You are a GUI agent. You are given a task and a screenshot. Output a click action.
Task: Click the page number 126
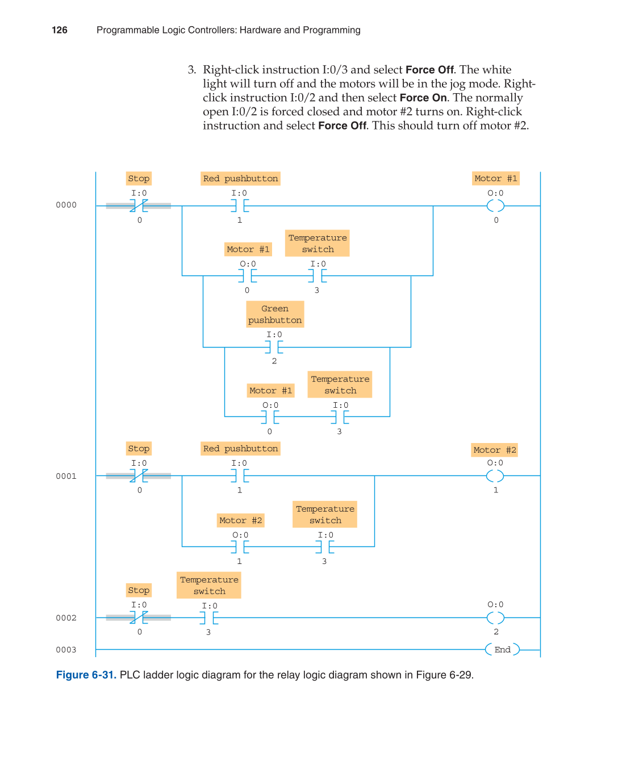click(60, 30)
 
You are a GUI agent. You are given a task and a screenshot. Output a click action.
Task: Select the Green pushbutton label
click(275, 315)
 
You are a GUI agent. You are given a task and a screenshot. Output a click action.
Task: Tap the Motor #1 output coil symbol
click(495, 206)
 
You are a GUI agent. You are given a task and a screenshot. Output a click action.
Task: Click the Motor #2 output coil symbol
click(495, 476)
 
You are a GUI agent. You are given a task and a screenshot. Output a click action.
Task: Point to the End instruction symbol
click(502, 650)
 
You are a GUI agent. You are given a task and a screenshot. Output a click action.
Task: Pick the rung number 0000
click(66, 205)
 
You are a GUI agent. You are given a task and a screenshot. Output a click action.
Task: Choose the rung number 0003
click(66, 650)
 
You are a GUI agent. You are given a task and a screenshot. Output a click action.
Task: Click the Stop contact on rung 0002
click(139, 617)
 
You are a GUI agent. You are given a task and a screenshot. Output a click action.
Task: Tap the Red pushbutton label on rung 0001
click(240, 449)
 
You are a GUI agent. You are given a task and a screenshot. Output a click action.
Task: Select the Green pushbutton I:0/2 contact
click(274, 347)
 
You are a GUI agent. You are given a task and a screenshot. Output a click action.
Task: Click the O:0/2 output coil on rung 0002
click(495, 617)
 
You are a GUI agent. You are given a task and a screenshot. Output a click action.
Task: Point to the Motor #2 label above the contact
click(241, 520)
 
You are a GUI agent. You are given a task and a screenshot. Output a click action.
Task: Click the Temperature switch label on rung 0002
click(209, 586)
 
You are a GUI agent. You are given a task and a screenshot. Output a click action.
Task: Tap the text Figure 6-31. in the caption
click(86, 675)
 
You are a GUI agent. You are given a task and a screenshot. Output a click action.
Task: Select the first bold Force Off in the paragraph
click(429, 70)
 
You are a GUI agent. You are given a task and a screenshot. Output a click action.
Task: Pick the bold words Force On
click(423, 98)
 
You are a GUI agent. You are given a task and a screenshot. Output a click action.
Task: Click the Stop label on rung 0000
click(139, 178)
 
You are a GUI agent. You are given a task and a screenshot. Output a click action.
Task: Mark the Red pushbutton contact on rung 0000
click(240, 206)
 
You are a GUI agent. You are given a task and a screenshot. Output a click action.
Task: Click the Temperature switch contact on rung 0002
click(209, 617)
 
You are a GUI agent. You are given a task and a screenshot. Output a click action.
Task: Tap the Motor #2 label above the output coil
click(495, 450)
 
